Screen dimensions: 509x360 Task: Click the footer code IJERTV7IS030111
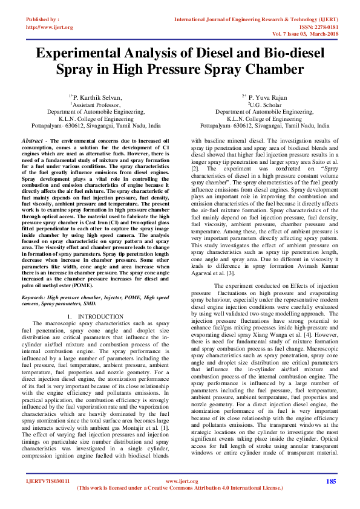(x=47, y=481)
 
